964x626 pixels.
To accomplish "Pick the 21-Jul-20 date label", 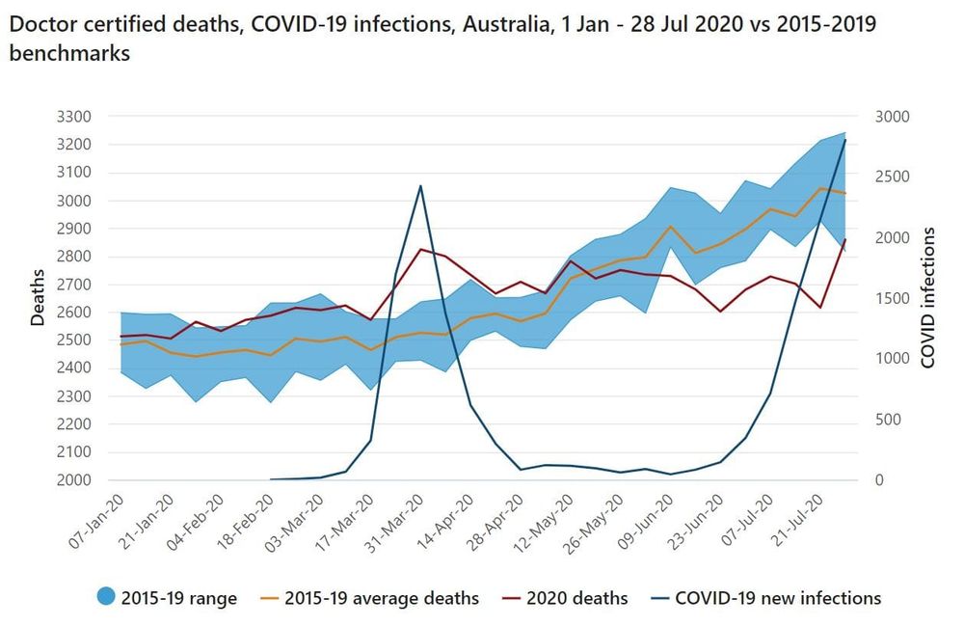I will [x=801, y=522].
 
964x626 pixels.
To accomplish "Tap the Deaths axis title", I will [x=38, y=298].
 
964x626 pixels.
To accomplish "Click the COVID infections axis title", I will [x=928, y=298].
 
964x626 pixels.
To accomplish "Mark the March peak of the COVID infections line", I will [x=420, y=185].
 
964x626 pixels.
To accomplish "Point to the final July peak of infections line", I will [x=845, y=140].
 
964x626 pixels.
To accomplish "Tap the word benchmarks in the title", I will [x=69, y=54].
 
